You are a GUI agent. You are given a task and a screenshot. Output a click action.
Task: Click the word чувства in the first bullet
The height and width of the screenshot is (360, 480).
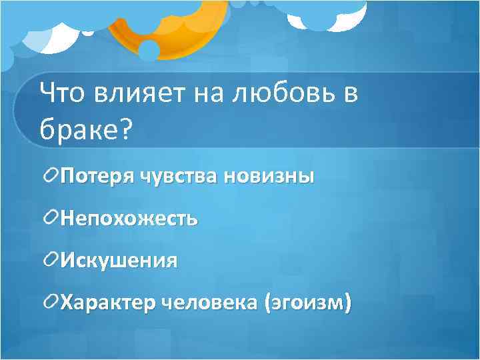click(x=180, y=177)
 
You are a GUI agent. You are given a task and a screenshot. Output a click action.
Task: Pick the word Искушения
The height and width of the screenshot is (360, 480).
click(x=119, y=259)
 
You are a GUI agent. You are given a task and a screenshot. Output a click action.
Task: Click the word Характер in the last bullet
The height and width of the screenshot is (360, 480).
click(x=109, y=302)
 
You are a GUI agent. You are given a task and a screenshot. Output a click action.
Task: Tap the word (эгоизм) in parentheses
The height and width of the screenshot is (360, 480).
click(x=307, y=302)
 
